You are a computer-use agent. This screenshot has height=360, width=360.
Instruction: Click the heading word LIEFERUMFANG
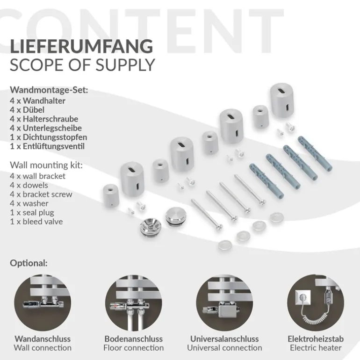81,46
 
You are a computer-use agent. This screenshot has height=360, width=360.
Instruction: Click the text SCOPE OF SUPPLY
82,65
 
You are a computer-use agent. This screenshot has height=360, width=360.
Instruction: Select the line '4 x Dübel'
27,110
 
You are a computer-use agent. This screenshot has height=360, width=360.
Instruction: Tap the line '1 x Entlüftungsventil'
47,146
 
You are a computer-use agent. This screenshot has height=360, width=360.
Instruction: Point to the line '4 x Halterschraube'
44,119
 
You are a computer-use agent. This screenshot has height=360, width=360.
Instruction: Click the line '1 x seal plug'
32,213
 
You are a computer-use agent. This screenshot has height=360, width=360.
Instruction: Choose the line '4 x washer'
29,203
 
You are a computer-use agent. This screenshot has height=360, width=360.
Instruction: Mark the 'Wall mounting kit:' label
46,165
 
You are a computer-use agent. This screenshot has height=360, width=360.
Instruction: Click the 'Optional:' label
29,263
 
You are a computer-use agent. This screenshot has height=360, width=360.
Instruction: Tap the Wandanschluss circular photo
43,302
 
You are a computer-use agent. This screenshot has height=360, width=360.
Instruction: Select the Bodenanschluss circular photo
133,302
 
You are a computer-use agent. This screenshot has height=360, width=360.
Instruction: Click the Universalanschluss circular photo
224,302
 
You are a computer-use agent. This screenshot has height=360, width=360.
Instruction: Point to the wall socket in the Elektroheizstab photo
303,296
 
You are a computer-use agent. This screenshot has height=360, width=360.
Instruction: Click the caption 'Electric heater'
316,348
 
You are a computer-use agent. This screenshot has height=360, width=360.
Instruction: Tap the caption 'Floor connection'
133,348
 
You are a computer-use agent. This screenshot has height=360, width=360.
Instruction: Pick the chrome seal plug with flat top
174,216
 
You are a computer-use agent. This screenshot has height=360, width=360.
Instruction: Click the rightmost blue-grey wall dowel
315,153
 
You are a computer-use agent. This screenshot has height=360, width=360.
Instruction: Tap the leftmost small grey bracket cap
111,195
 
